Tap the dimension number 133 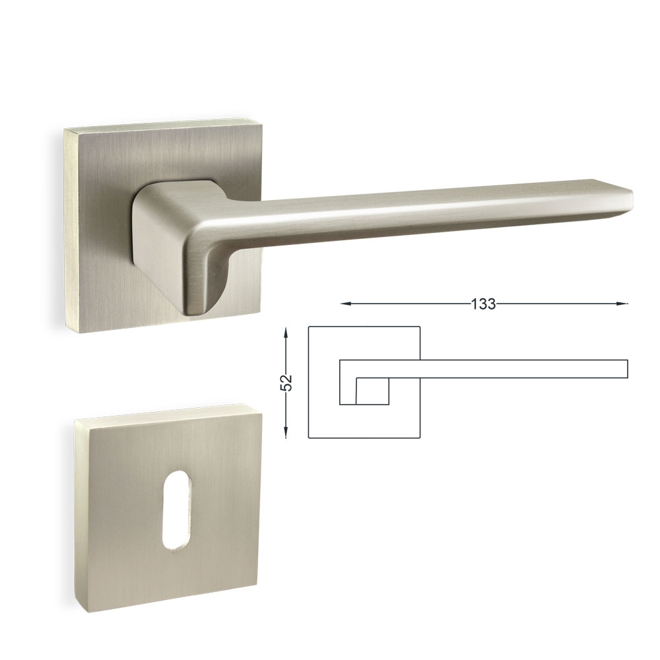click(483, 304)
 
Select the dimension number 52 click(286, 383)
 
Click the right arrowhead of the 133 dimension click(622, 304)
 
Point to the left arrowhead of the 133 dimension click(346, 304)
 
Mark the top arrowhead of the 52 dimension click(286, 333)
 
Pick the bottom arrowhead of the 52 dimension click(286, 432)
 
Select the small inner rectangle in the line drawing click(372, 391)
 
